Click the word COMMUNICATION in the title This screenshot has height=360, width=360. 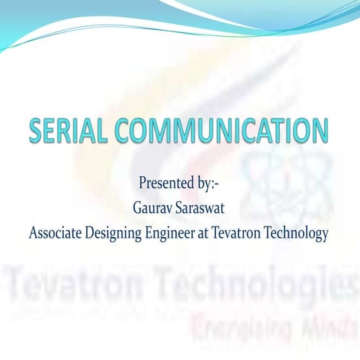pos(221,132)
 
